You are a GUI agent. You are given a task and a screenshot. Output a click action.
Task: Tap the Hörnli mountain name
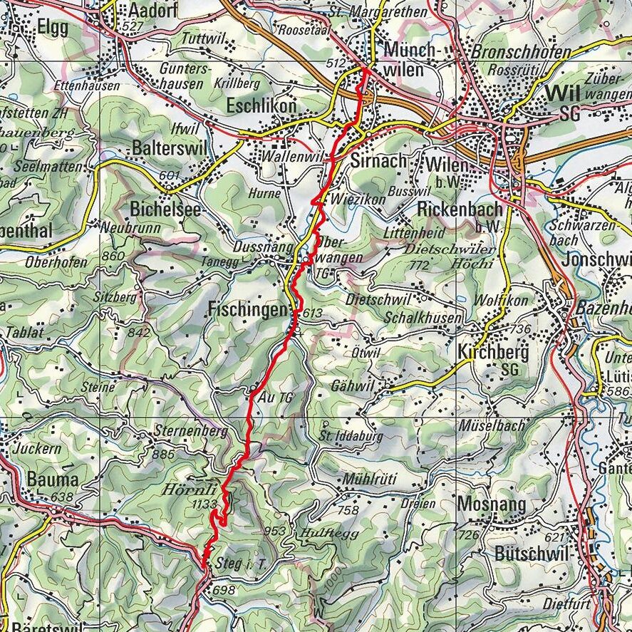click(188, 490)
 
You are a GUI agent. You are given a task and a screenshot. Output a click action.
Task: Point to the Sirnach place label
click(378, 161)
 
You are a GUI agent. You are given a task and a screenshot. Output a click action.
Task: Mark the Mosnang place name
click(491, 504)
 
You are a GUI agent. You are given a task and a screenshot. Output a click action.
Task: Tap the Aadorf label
click(152, 11)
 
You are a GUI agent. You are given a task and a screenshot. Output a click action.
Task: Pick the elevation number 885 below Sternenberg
click(164, 454)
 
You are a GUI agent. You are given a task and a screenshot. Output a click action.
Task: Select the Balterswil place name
click(167, 149)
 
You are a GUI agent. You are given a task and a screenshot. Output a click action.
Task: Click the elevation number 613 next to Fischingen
click(312, 314)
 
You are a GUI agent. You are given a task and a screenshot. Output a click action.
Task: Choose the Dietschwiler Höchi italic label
click(447, 257)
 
